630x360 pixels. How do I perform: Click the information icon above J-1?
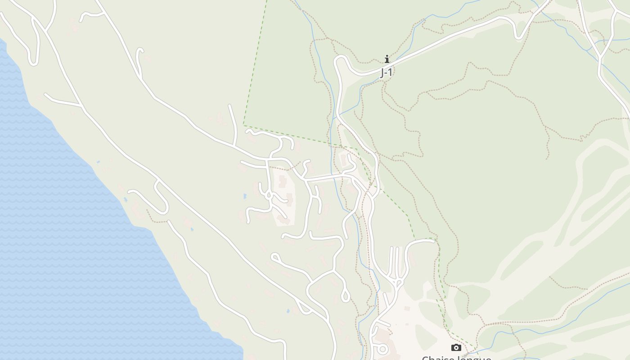[387, 59]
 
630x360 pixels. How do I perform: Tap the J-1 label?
[386, 72]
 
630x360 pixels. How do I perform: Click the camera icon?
[456, 347]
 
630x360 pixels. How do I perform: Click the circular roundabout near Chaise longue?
[382, 348]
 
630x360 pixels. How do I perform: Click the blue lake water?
[67, 225]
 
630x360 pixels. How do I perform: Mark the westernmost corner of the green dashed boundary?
[243, 125]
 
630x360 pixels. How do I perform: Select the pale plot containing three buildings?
[283, 198]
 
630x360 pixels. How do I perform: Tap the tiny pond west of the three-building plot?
[245, 197]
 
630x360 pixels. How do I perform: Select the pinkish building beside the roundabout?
[382, 335]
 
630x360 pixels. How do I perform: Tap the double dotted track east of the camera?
[517, 322]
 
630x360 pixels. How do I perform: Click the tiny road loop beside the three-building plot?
[269, 195]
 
